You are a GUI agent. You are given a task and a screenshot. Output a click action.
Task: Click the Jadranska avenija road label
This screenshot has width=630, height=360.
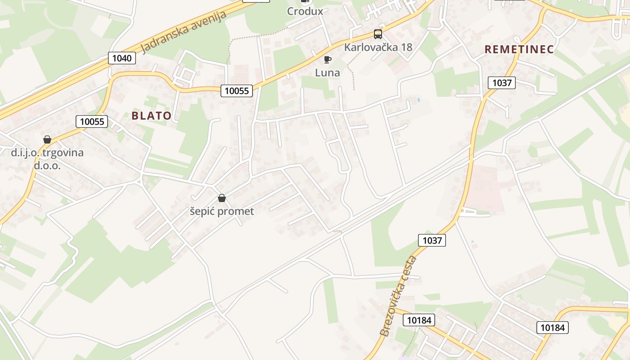coord(184,31)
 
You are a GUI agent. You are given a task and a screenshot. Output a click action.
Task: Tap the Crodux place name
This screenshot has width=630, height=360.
coord(305,11)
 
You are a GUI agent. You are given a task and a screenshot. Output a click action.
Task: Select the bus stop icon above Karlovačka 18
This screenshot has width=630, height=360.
coord(378,34)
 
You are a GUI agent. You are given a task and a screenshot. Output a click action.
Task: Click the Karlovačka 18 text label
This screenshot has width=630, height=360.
coord(378,47)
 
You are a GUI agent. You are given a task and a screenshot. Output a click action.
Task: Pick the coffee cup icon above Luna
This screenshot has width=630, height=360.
coord(328,59)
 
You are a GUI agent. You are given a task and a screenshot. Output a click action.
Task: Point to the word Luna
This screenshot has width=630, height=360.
coord(328,72)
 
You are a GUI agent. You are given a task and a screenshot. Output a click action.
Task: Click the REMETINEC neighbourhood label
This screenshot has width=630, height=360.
coord(519,49)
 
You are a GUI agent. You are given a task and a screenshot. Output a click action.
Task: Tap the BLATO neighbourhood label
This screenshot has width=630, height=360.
coord(151,116)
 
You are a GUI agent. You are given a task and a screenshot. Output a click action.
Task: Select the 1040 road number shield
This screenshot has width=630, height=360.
coord(122,58)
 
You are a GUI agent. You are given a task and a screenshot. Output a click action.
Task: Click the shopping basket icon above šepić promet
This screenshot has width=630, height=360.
coord(221,198)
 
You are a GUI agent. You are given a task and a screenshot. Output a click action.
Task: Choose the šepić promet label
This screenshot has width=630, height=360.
coord(221,211)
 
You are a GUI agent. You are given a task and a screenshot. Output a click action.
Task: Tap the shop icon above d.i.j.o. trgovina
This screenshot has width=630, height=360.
coord(47,139)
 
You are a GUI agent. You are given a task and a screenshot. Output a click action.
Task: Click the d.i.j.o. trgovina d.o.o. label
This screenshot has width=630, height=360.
coord(47,159)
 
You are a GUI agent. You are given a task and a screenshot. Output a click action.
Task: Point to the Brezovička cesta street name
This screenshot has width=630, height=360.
coord(398,296)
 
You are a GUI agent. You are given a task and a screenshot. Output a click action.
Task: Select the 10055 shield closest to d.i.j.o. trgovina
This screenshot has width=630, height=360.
coord(92,121)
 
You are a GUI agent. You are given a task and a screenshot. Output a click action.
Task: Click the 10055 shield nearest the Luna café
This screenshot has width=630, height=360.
coord(237,91)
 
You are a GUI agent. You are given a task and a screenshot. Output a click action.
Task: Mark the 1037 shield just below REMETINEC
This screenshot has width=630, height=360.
coord(502,83)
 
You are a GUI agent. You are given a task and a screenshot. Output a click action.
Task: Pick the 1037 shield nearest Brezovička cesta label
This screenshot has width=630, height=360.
coord(432,240)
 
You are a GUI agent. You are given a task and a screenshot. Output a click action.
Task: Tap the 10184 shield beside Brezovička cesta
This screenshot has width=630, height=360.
coord(419,320)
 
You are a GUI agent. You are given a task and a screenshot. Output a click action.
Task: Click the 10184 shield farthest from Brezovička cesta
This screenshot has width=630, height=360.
coord(553,328)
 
